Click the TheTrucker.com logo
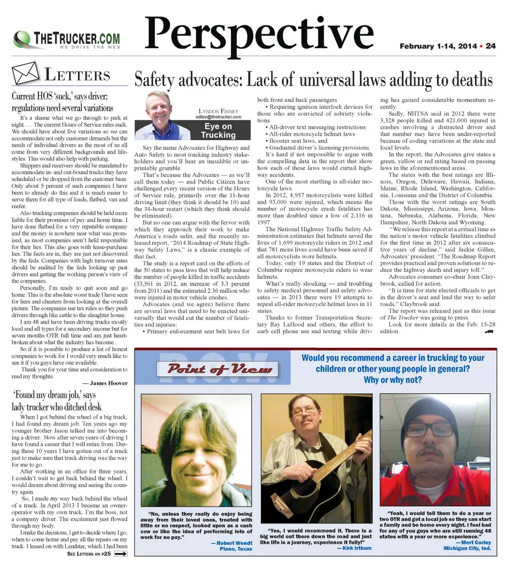[66, 40]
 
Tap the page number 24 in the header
[491, 46]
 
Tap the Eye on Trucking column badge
[218, 130]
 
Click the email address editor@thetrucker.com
[218, 117]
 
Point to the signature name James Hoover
[105, 383]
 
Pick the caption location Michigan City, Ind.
[467, 548]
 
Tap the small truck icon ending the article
[488, 331]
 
